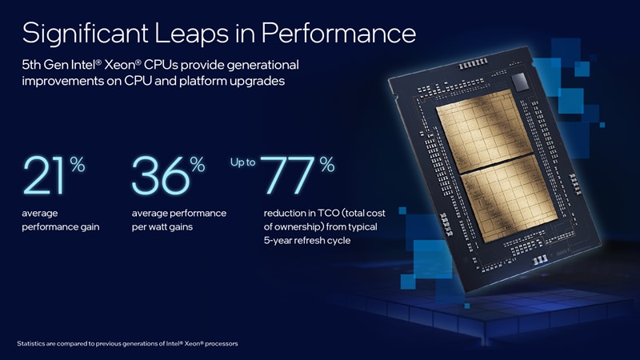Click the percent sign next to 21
click(x=78, y=165)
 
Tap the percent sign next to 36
click(x=198, y=165)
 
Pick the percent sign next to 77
click(x=327, y=165)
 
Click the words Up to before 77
click(x=242, y=162)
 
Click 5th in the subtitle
click(x=33, y=64)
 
